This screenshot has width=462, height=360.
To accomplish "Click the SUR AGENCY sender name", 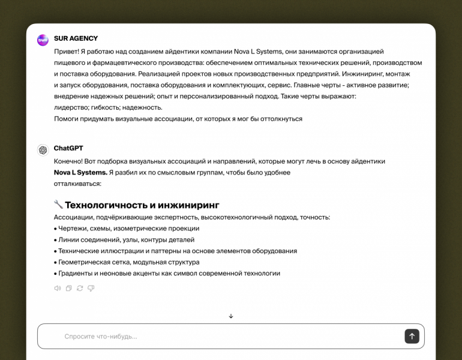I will click(x=76, y=38).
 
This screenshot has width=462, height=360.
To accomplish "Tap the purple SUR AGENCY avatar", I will click(x=43, y=40).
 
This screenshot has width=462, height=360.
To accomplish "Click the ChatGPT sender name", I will click(x=68, y=148).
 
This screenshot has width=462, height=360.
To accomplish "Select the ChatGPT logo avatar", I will click(x=43, y=150).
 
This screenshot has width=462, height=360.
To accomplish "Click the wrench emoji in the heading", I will click(x=58, y=205).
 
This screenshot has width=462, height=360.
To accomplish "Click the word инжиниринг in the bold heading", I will click(x=189, y=205).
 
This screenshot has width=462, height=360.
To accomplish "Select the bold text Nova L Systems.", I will click(x=80, y=172).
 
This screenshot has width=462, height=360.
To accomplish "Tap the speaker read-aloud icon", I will click(x=58, y=288).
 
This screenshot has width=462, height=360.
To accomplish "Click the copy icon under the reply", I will click(x=69, y=288).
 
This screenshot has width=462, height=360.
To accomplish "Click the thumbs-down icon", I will click(x=91, y=288).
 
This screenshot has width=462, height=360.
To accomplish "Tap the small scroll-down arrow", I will click(x=231, y=316).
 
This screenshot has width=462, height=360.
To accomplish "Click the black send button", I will click(x=412, y=336).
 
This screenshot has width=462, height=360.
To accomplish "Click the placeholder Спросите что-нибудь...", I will click(x=101, y=337).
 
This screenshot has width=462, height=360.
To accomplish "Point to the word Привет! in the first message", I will click(x=66, y=52).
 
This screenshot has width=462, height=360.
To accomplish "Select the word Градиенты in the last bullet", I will click(x=76, y=274).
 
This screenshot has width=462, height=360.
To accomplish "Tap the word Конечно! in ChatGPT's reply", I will click(x=69, y=161).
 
